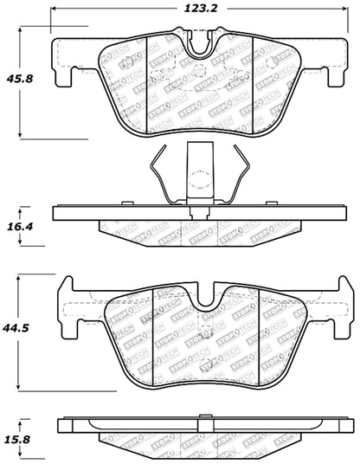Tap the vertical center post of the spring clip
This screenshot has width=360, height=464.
coord(198,177)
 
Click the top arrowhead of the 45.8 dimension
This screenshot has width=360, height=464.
coord(20,31)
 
